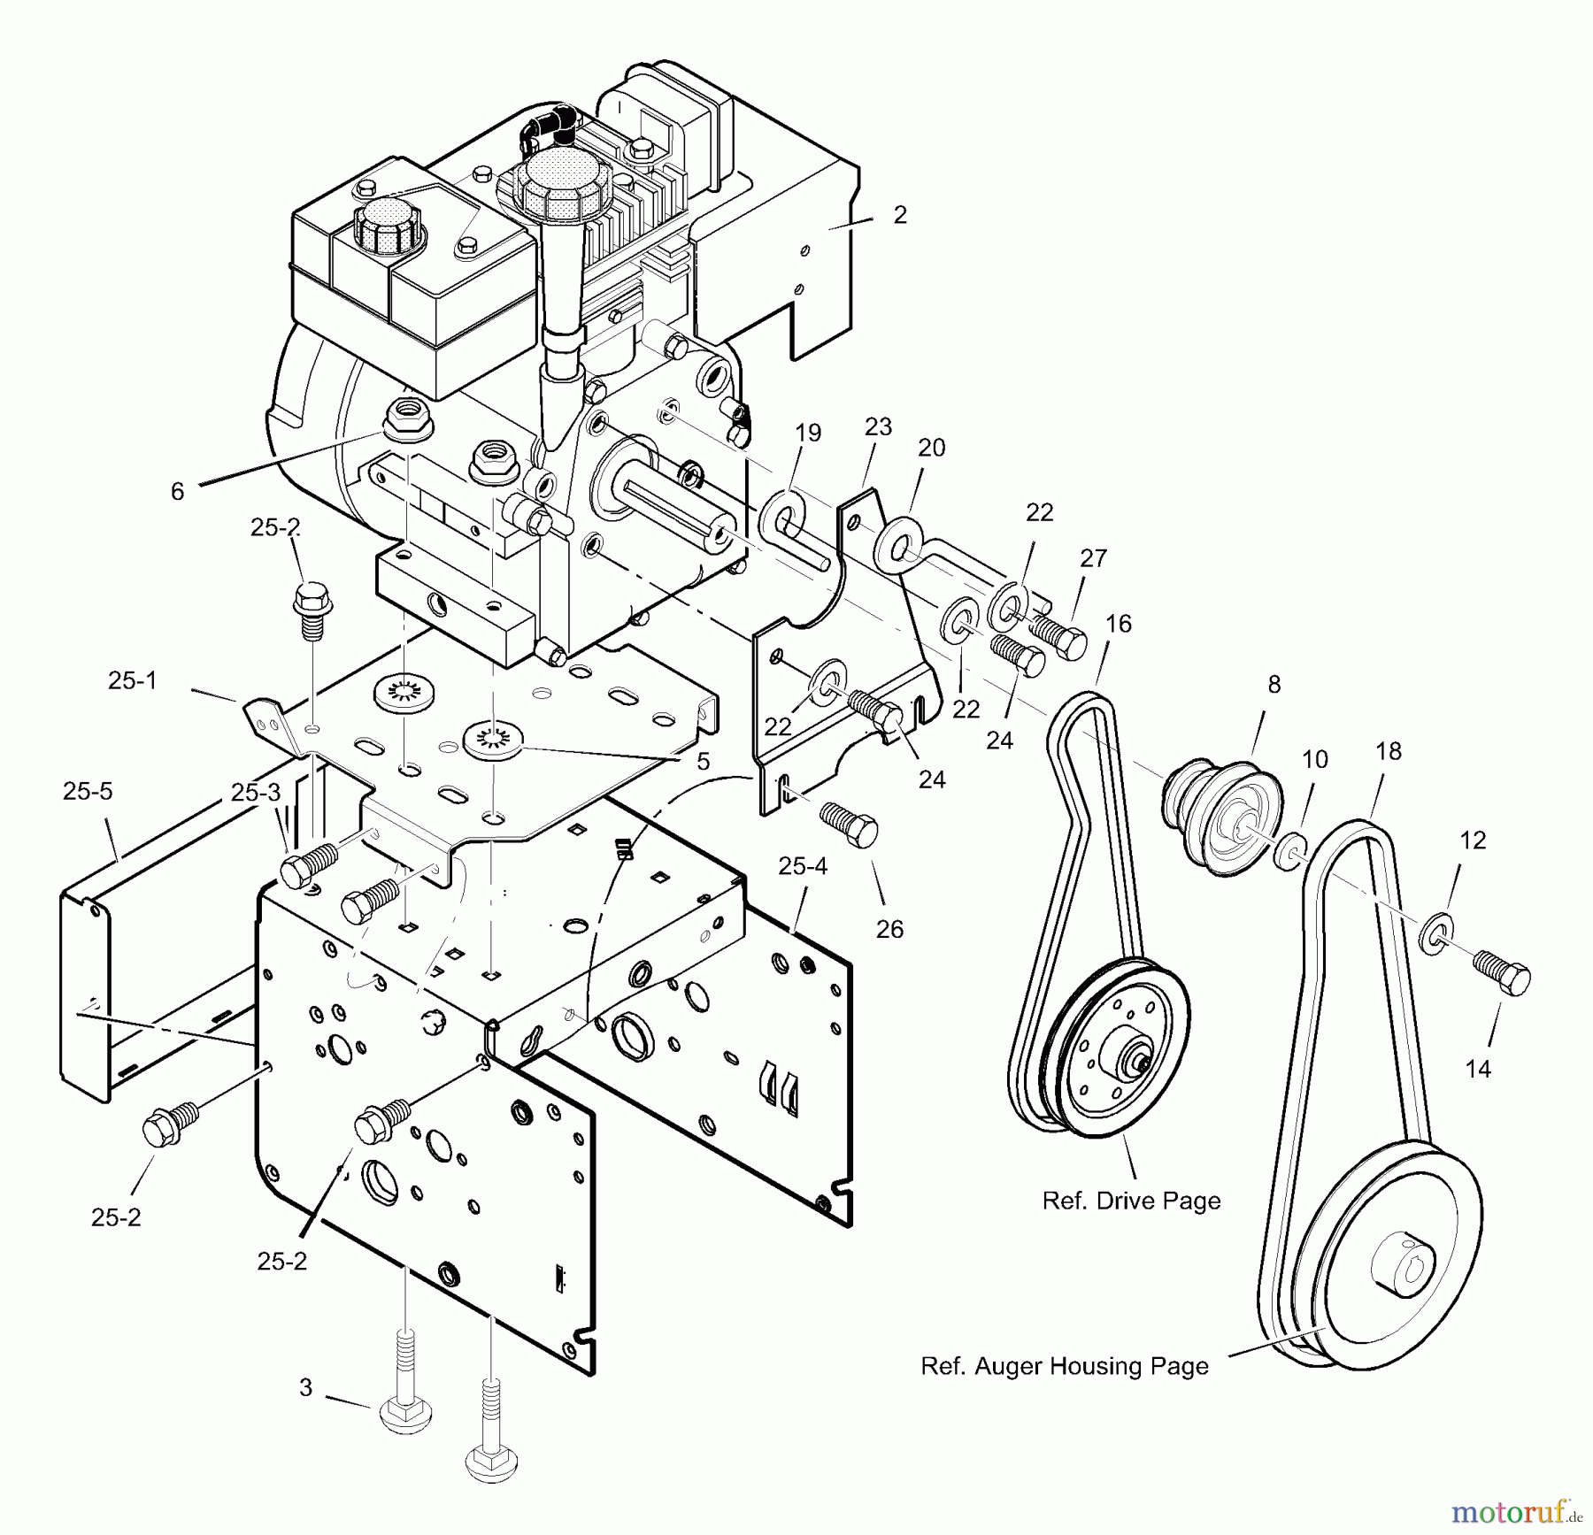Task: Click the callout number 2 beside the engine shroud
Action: [x=900, y=215]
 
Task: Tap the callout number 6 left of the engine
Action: [x=177, y=492]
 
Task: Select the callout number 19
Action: [x=807, y=433]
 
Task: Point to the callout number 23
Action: [x=878, y=426]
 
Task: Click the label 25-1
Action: [x=132, y=680]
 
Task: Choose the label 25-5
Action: [x=88, y=791]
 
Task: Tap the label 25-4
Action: [x=803, y=866]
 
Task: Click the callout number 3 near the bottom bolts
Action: [x=305, y=1387]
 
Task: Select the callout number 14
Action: [x=1477, y=1069]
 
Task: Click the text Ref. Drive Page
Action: [x=1131, y=1201]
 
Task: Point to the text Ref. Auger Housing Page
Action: [x=1065, y=1366]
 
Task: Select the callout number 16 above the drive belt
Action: [x=1118, y=624]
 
